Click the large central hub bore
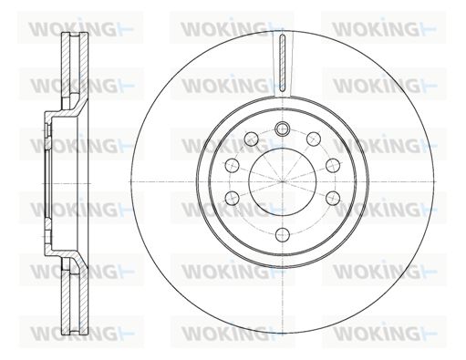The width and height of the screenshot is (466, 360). (283, 181)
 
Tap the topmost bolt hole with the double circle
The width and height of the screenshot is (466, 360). (282, 129)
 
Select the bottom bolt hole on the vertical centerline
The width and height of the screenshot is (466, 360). (283, 234)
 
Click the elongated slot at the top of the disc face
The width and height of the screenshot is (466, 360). (283, 63)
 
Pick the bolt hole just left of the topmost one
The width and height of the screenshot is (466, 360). (252, 139)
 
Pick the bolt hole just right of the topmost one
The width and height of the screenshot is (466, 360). (314, 139)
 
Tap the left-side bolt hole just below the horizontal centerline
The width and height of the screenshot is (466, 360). (233, 198)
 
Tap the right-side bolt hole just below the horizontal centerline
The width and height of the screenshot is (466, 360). (333, 198)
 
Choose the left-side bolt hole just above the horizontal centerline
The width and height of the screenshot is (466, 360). (233, 166)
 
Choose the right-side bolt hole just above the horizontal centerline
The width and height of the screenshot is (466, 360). (333, 166)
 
